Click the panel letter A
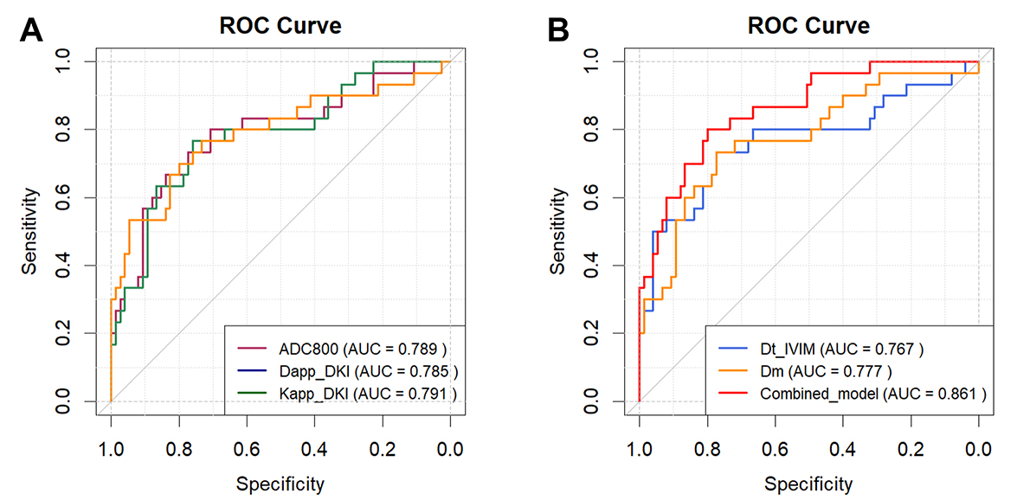coord(31,29)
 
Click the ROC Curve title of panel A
coord(280,25)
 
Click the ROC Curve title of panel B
coord(808,25)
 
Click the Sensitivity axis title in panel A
coord(29,231)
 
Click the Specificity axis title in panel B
coord(808,484)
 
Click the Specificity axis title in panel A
coord(280,484)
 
